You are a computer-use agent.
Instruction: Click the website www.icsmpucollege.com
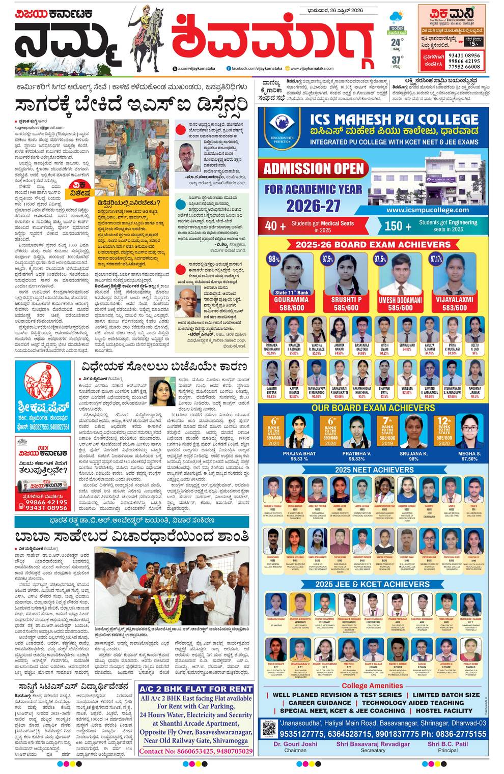click(x=427, y=210)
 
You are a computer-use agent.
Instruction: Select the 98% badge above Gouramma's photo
click(x=274, y=259)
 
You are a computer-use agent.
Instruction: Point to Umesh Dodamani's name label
click(x=400, y=300)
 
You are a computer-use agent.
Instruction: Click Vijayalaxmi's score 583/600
click(x=454, y=308)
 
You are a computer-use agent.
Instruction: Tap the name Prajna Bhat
click(x=299, y=453)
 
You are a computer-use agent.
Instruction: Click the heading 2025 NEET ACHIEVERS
click(x=374, y=470)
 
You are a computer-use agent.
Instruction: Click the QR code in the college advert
click(x=270, y=729)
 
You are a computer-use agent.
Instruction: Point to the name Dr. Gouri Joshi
click(x=295, y=744)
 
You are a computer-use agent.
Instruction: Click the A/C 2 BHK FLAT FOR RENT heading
click(x=196, y=689)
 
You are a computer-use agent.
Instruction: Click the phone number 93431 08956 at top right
click(x=464, y=55)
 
